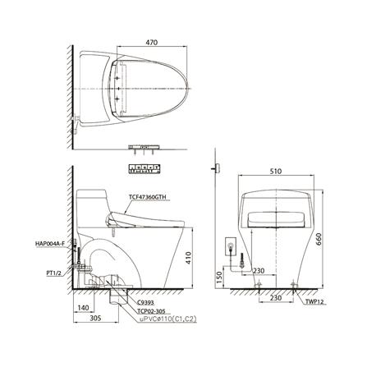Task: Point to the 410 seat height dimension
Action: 194,255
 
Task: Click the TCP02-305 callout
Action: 140,311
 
